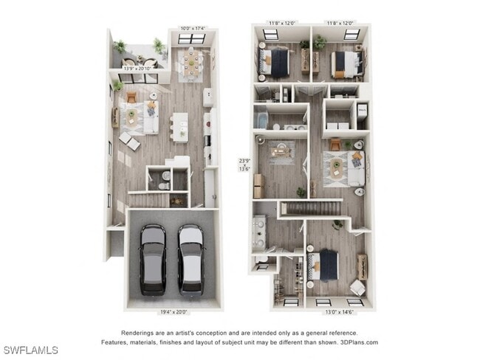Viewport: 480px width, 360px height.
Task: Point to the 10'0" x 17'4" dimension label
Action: (193, 29)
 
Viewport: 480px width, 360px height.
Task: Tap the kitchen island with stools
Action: (179, 125)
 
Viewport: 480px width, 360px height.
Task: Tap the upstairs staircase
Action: (303, 208)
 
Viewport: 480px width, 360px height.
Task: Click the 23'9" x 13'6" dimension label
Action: (244, 164)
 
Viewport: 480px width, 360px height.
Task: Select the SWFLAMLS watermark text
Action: (30, 350)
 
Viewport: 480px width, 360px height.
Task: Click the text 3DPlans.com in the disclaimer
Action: (360, 342)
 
